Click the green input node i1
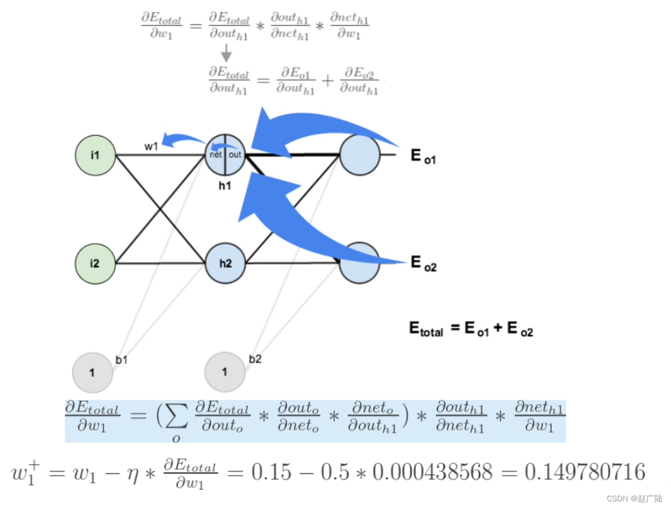point(95,155)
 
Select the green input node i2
point(95,263)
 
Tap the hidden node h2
point(225,263)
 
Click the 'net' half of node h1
point(216,155)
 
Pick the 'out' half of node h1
point(235,155)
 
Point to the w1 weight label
point(152,146)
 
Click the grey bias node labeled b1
point(93,372)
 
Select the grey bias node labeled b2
point(225,372)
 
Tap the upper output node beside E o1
point(359,155)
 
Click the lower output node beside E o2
point(359,263)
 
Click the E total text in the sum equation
point(426,329)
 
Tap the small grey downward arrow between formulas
point(226,54)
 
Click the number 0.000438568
point(432,472)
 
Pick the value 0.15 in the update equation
point(271,472)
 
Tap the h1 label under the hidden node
point(225,186)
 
